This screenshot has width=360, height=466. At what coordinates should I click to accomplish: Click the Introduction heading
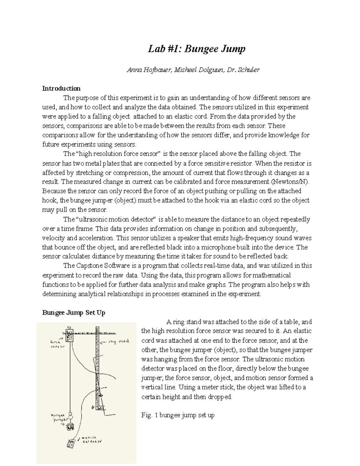(x=61, y=89)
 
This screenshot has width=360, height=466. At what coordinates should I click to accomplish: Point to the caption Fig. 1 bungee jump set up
(x=178, y=415)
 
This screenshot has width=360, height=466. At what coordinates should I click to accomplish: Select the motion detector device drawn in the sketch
(x=71, y=444)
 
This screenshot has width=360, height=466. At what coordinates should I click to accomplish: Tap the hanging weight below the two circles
(x=70, y=426)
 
